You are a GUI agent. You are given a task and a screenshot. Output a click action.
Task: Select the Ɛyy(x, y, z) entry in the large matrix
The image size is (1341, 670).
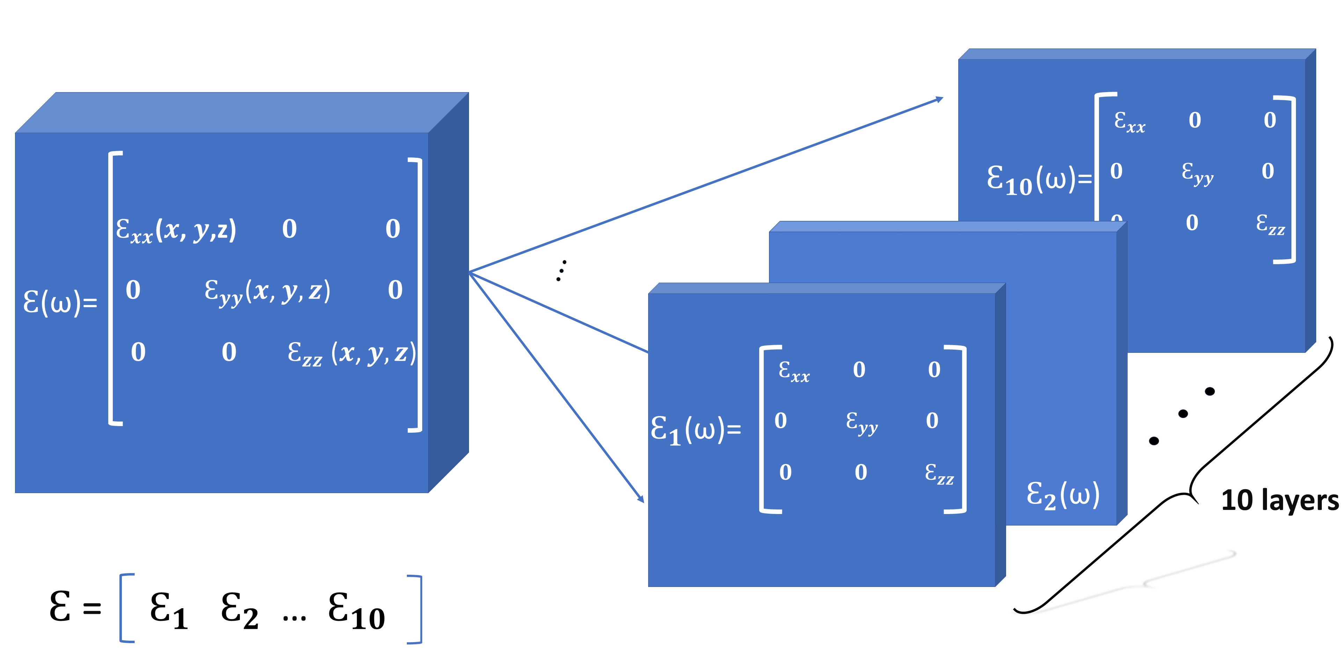tap(267, 291)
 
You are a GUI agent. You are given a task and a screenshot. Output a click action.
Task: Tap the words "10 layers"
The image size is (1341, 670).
tap(1280, 500)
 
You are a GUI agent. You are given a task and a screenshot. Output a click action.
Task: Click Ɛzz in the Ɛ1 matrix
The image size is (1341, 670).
tap(939, 474)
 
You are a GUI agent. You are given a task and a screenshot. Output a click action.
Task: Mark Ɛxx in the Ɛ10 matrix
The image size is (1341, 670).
tap(1130, 122)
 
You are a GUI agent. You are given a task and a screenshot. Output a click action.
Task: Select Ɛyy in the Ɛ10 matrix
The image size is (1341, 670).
tap(1197, 173)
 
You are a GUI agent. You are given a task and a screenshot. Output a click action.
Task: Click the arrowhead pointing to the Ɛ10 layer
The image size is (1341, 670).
tap(940, 99)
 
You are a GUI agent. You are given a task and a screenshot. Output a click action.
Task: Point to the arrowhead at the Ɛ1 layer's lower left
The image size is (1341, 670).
tap(642, 499)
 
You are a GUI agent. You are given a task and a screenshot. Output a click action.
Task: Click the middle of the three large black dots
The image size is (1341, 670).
tap(1183, 414)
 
